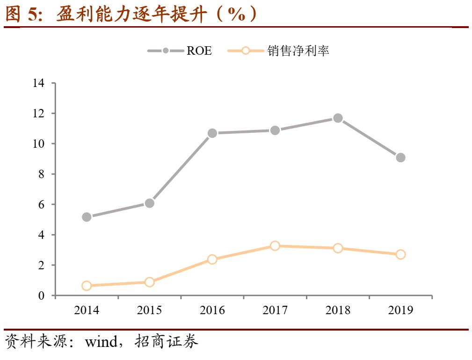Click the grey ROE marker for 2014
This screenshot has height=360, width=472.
[87, 217]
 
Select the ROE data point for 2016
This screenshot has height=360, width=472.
[212, 133]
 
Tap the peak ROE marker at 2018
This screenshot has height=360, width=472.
[338, 118]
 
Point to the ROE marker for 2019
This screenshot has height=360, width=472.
[400, 158]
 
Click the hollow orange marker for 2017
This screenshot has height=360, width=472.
[275, 246]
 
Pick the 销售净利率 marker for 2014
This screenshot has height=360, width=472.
[87, 286]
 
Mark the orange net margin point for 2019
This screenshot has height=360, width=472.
[400, 254]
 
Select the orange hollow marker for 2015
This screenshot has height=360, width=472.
[150, 282]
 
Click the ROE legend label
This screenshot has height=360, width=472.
[199, 51]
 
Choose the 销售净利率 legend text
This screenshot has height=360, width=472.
[298, 51]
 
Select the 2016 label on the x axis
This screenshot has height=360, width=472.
[212, 310]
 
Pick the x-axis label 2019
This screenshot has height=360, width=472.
[400, 310]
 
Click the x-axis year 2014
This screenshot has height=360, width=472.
[87, 310]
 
